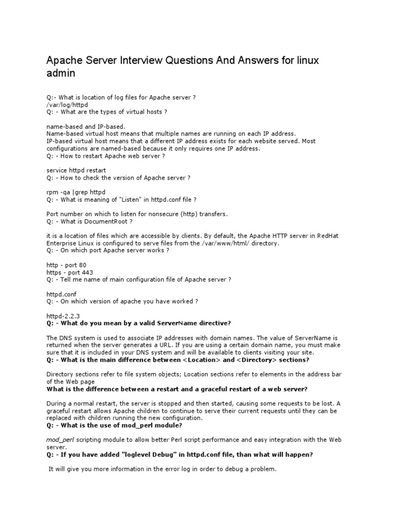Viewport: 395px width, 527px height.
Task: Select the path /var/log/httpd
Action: [x=67, y=103]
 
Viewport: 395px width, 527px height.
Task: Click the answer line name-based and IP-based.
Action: [x=86, y=126]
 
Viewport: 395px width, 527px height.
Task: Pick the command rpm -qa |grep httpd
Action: [x=76, y=192]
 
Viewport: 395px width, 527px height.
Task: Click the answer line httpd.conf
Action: [x=61, y=293]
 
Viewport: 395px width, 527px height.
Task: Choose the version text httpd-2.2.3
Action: [x=63, y=315]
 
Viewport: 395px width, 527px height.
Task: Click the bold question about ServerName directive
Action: [x=139, y=323]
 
